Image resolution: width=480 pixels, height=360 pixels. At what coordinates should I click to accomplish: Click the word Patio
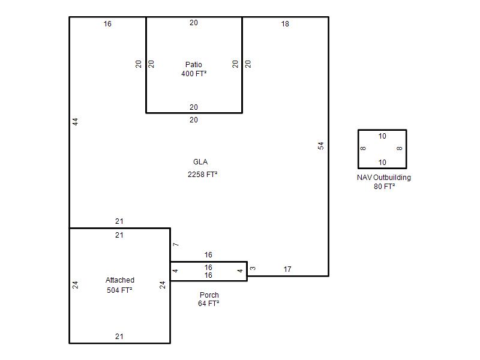[193, 65]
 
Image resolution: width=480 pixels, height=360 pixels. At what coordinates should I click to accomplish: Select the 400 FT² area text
[194, 74]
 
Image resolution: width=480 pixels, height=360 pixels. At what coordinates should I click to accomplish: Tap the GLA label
[200, 162]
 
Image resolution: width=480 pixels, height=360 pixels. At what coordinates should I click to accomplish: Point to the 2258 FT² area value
[202, 175]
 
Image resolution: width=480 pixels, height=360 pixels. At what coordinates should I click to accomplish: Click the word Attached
[120, 280]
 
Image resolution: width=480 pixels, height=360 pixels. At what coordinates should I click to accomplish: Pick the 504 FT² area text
[119, 290]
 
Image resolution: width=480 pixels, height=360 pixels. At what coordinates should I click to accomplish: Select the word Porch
[209, 295]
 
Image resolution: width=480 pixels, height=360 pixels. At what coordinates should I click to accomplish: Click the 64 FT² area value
[208, 304]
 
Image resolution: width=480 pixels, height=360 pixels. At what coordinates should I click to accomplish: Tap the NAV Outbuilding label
[384, 178]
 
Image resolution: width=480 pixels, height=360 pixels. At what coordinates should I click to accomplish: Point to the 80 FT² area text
[384, 187]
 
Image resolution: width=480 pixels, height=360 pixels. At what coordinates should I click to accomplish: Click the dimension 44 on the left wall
[76, 122]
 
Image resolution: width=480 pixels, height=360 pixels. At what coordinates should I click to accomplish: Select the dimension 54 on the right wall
[320, 146]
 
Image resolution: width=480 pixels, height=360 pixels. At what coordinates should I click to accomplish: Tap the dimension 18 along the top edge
[285, 24]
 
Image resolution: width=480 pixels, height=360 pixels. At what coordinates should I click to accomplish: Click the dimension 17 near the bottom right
[287, 269]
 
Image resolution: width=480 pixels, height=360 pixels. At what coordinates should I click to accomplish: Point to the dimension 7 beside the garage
[176, 244]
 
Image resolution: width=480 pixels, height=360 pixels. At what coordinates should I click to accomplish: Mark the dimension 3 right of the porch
[253, 268]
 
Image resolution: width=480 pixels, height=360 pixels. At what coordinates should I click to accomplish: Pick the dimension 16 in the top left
[107, 24]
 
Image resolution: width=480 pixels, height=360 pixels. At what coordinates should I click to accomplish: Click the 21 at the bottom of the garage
[119, 337]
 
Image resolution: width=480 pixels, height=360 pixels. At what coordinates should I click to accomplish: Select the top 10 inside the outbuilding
[382, 136]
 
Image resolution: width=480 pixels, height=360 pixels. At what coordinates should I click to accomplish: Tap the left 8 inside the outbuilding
[363, 148]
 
